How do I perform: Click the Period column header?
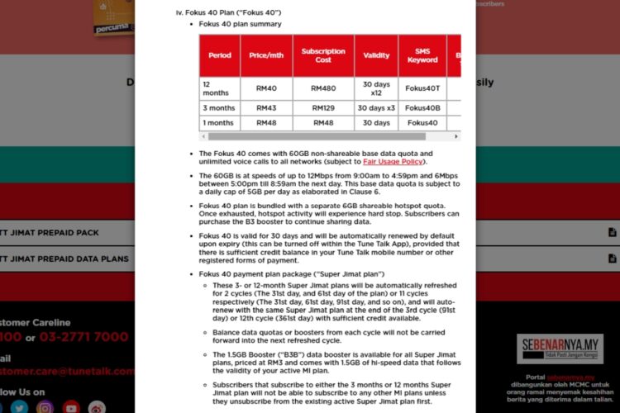pyautogui.click(x=220, y=55)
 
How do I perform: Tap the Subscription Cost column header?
pyautogui.click(x=323, y=55)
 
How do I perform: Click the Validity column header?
pyautogui.click(x=376, y=55)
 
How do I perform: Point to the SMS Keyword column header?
pyautogui.click(x=422, y=55)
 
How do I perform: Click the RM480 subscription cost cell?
pyautogui.click(x=323, y=88)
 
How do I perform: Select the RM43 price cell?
pyautogui.click(x=265, y=108)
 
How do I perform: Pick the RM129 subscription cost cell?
pyautogui.click(x=323, y=108)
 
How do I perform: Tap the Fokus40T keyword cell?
pyautogui.click(x=422, y=88)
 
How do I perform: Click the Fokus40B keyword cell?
pyautogui.click(x=422, y=108)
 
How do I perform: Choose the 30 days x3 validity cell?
pyautogui.click(x=376, y=108)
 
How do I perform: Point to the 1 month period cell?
pyautogui.click(x=219, y=123)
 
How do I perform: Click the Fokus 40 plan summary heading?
pyautogui.click(x=240, y=24)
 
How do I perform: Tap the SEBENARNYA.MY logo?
pyautogui.click(x=560, y=349)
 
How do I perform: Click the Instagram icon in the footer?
pyautogui.click(x=45, y=406)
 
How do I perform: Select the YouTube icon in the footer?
pyautogui.click(x=72, y=406)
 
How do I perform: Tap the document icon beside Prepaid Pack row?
pyautogui.click(x=612, y=233)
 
